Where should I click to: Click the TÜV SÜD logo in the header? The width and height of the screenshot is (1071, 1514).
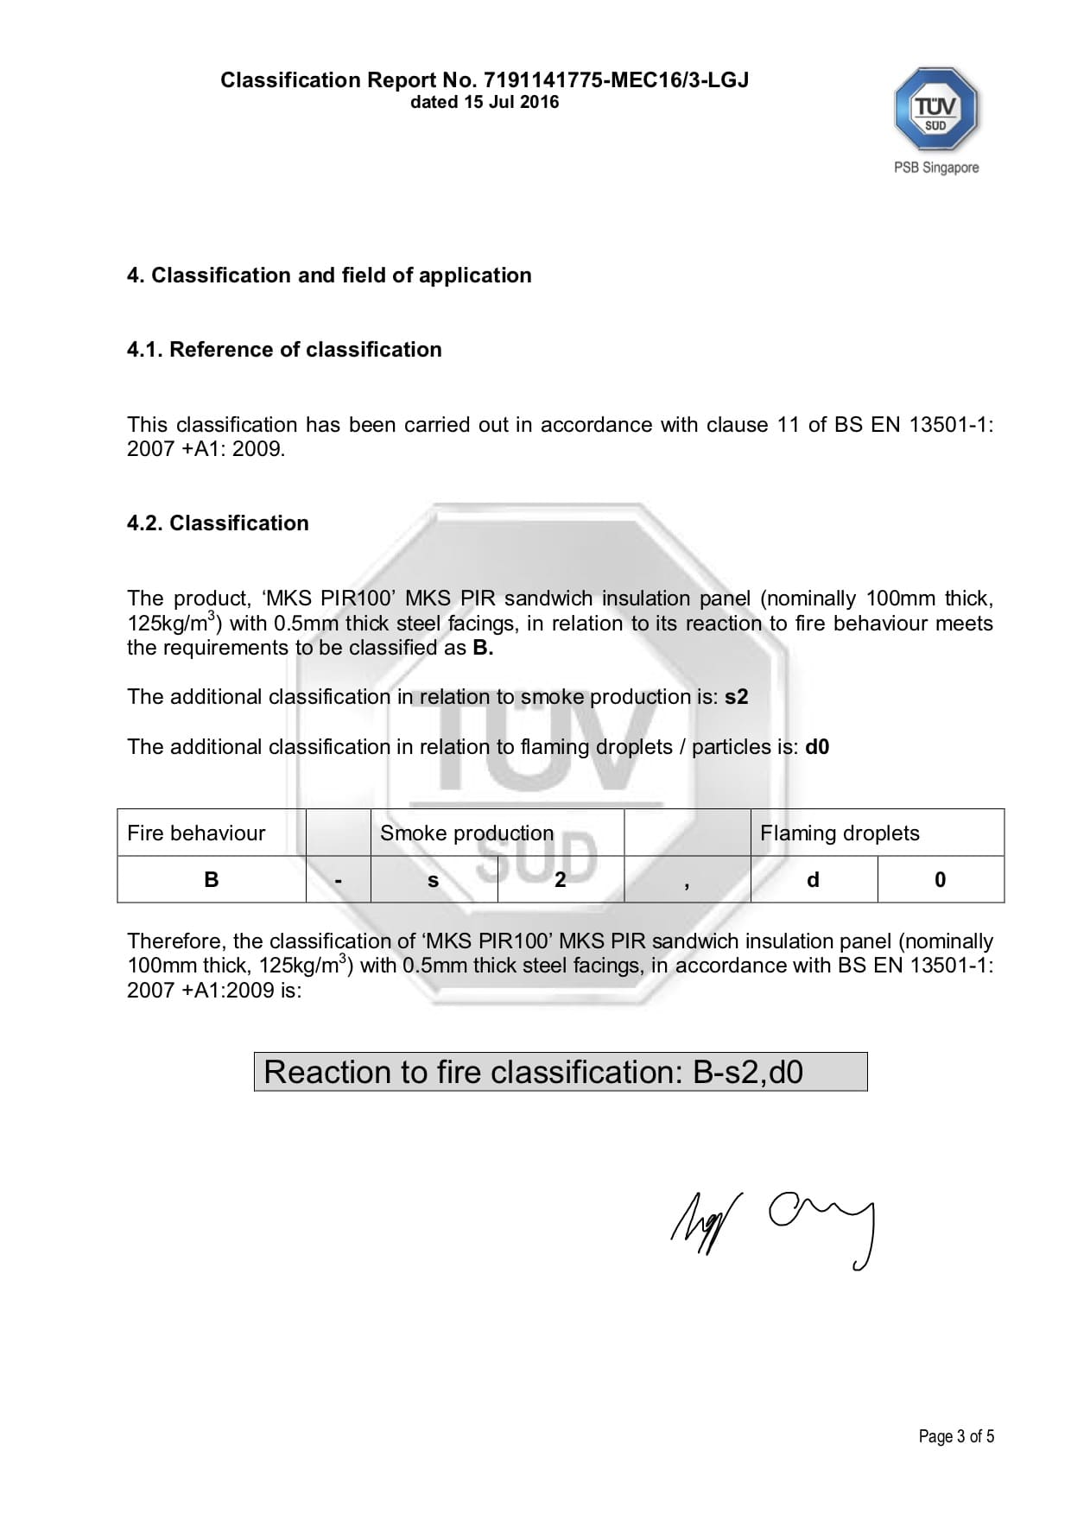(935, 110)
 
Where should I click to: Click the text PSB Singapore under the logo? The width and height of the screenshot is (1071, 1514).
(936, 168)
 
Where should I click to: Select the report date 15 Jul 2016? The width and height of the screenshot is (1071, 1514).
(508, 102)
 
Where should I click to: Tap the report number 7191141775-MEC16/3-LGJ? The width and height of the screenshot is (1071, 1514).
(616, 80)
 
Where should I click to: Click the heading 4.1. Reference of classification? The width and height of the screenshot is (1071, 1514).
(284, 349)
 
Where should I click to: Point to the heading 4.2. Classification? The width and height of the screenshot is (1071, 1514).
(218, 523)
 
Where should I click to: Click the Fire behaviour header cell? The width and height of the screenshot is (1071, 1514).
(211, 833)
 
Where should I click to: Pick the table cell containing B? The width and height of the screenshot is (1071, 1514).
(211, 879)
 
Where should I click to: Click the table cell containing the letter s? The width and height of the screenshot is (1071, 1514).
(434, 879)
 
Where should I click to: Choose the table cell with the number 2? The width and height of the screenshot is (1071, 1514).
(561, 879)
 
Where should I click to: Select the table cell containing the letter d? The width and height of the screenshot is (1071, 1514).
(813, 879)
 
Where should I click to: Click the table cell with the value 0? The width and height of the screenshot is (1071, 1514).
(941, 879)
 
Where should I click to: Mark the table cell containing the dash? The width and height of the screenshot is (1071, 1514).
(339, 879)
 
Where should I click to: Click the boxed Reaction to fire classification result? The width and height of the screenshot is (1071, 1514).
(560, 1072)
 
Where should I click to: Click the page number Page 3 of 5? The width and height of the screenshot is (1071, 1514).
(956, 1436)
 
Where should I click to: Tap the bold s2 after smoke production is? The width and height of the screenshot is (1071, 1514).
(736, 696)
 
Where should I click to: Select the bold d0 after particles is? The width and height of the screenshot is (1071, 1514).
(817, 746)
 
